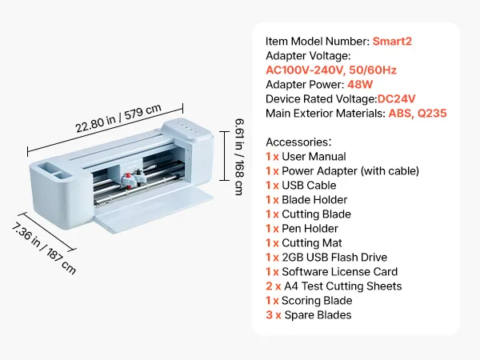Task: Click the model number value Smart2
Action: click(395, 41)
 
